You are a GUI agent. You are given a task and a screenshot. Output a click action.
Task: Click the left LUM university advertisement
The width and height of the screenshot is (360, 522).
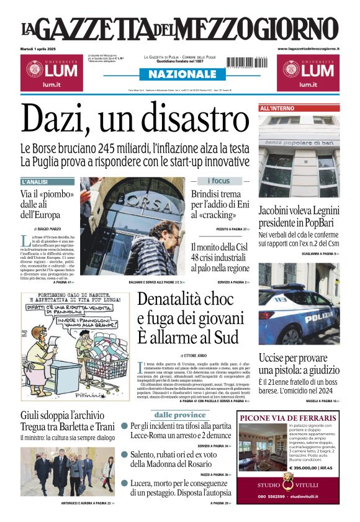[x=50, y=72]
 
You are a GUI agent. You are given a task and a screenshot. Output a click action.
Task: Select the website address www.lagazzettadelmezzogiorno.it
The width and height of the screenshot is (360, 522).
[x=308, y=48]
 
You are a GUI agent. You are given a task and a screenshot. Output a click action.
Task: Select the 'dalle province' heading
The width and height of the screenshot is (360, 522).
[x=180, y=415]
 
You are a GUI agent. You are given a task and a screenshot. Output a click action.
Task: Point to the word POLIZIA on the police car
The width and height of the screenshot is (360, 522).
[x=318, y=318]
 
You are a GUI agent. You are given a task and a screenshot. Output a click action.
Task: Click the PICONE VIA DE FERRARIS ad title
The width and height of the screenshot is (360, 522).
[x=287, y=416]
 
